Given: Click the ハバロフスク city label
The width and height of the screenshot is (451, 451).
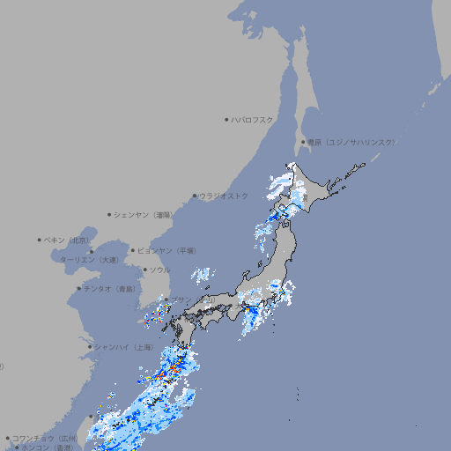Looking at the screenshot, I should click(253, 119).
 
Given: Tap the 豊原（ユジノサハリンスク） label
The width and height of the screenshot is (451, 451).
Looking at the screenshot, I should click(351, 142).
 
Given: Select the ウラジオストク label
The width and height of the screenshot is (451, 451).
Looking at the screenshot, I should click(224, 196).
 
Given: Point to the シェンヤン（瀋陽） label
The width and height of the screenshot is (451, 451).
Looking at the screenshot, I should click(146, 214).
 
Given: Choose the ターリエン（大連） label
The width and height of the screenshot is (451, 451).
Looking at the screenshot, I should click(89, 260).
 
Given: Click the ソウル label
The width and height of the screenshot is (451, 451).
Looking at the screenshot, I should click(159, 270).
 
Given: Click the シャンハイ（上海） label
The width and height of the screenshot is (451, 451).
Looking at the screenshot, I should click(122, 346).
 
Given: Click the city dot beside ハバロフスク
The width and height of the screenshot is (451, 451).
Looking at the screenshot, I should click(226, 119).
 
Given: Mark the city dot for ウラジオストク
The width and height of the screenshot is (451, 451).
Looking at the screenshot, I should click(195, 196).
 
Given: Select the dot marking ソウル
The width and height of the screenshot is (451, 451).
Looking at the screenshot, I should click(144, 270).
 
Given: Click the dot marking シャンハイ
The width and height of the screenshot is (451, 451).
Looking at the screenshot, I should click(90, 346).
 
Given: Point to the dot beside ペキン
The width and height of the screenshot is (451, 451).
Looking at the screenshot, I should click(40, 240).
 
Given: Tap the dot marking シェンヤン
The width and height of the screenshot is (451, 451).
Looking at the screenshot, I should click(109, 214).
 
